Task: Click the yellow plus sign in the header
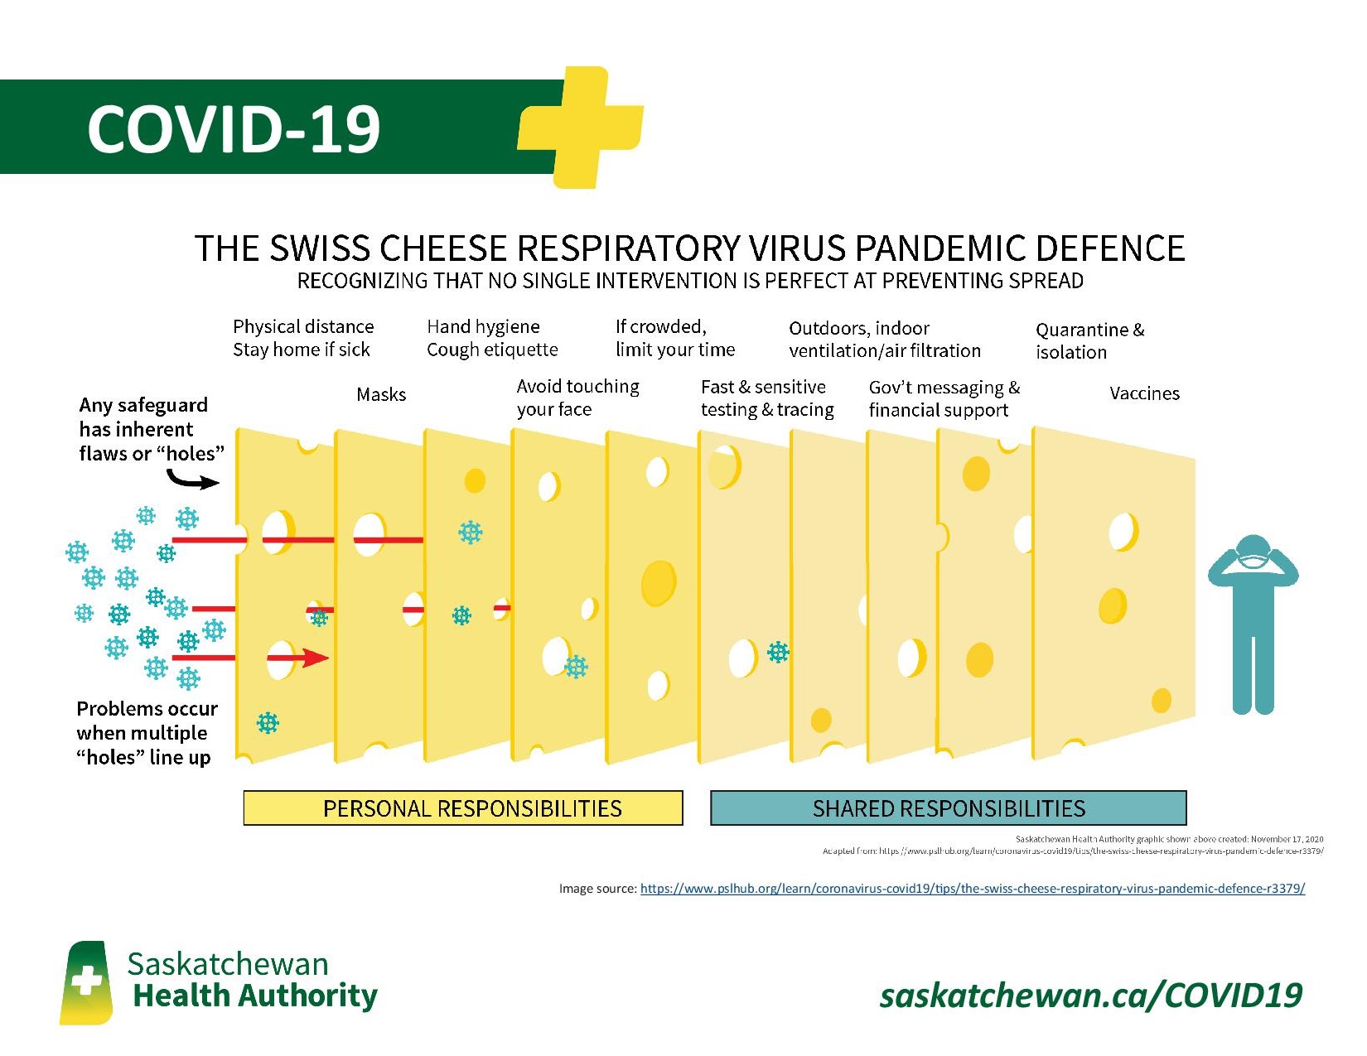pyautogui.click(x=582, y=127)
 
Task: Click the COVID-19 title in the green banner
pyautogui.click(x=234, y=129)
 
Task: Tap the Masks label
pyautogui.click(x=381, y=394)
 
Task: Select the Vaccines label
pyautogui.click(x=1144, y=393)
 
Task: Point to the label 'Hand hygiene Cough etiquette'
pyautogui.click(x=492, y=338)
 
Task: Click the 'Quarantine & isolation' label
pyautogui.click(x=1089, y=340)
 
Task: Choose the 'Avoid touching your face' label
pyautogui.click(x=577, y=398)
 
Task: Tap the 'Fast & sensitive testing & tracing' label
pyautogui.click(x=767, y=398)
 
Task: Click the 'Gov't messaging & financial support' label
pyautogui.click(x=944, y=398)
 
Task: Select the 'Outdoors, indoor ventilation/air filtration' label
pyautogui.click(x=884, y=340)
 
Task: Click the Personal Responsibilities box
pyautogui.click(x=463, y=808)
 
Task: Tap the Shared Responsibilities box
pyautogui.click(x=948, y=808)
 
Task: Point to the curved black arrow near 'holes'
pyautogui.click(x=192, y=480)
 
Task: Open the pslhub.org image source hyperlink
pyautogui.click(x=972, y=889)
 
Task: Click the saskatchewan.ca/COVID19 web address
pyautogui.click(x=1090, y=995)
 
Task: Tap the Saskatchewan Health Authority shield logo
pyautogui.click(x=86, y=983)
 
